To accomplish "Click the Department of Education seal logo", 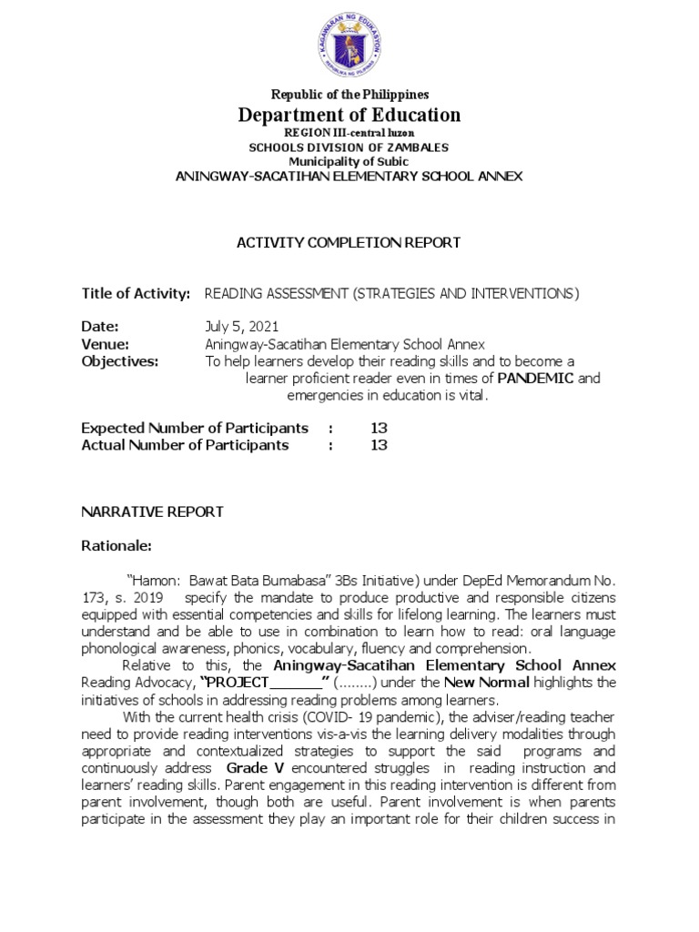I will click(x=349, y=43).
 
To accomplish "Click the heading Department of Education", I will click(x=349, y=115).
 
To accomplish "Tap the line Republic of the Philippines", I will click(x=349, y=95).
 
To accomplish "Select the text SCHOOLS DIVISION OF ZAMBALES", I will click(x=349, y=147).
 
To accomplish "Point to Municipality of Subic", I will click(x=349, y=161).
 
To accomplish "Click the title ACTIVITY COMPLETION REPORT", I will click(x=349, y=242).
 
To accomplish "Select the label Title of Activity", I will click(x=136, y=293).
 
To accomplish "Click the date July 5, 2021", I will click(x=242, y=327).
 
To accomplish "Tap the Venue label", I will click(x=105, y=344).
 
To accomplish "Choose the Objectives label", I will click(x=119, y=361).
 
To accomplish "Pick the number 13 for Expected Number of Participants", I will click(x=379, y=428).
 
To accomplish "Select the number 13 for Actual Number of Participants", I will click(x=379, y=445).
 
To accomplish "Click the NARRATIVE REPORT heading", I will click(x=152, y=512).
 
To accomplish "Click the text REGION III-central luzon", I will click(x=349, y=133).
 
